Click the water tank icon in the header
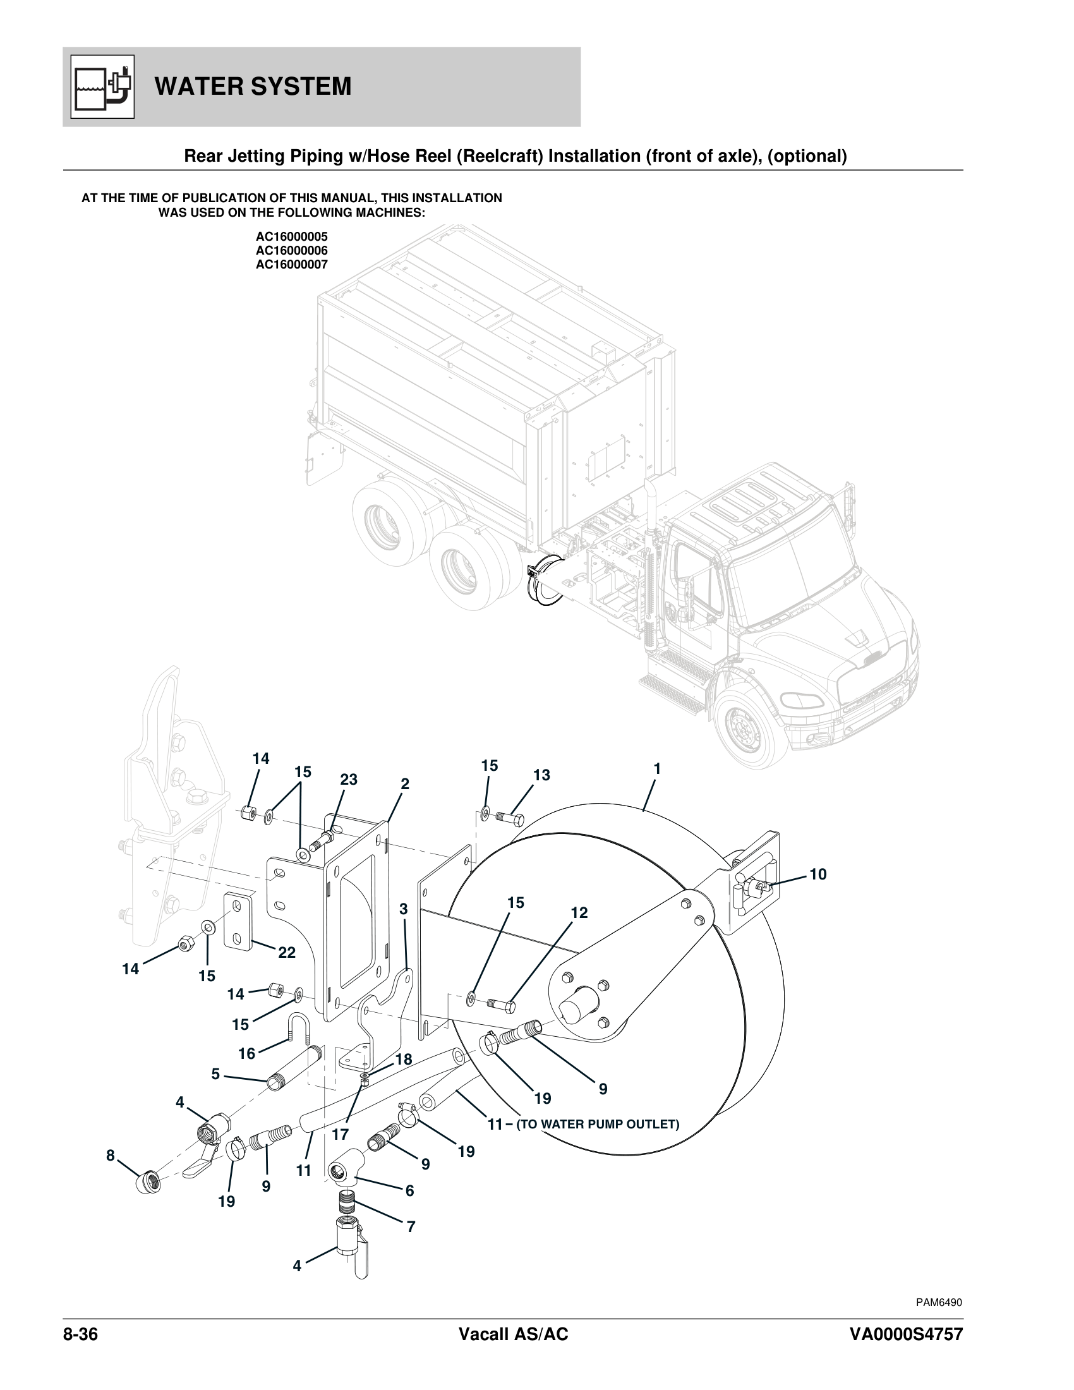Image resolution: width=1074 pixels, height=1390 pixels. tap(102, 87)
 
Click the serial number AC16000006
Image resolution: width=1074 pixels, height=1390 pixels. tap(291, 251)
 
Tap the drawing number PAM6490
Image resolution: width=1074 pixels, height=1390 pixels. tap(938, 1302)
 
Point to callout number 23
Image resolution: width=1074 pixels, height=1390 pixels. tap(349, 779)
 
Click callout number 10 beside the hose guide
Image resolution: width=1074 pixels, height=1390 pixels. tap(818, 874)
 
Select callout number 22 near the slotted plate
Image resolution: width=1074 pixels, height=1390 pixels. tap(287, 952)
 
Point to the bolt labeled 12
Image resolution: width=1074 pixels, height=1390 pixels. tap(502, 1006)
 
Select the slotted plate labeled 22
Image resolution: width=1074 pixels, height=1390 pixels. tap(238, 921)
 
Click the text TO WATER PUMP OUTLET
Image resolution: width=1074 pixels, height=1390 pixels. tap(598, 1124)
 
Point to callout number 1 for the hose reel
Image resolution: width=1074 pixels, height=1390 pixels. tap(657, 769)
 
